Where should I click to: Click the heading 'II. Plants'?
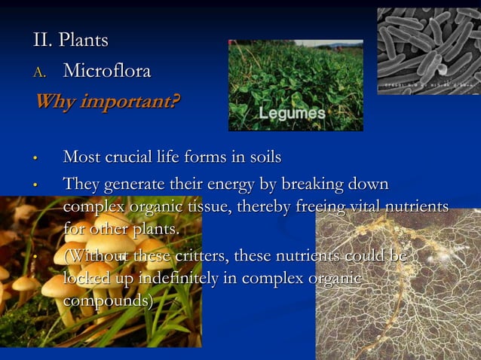[x=71, y=39]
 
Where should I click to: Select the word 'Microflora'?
[x=107, y=72]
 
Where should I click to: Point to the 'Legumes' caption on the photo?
[x=293, y=114]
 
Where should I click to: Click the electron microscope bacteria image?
[x=428, y=50]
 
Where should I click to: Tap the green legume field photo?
[x=295, y=75]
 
